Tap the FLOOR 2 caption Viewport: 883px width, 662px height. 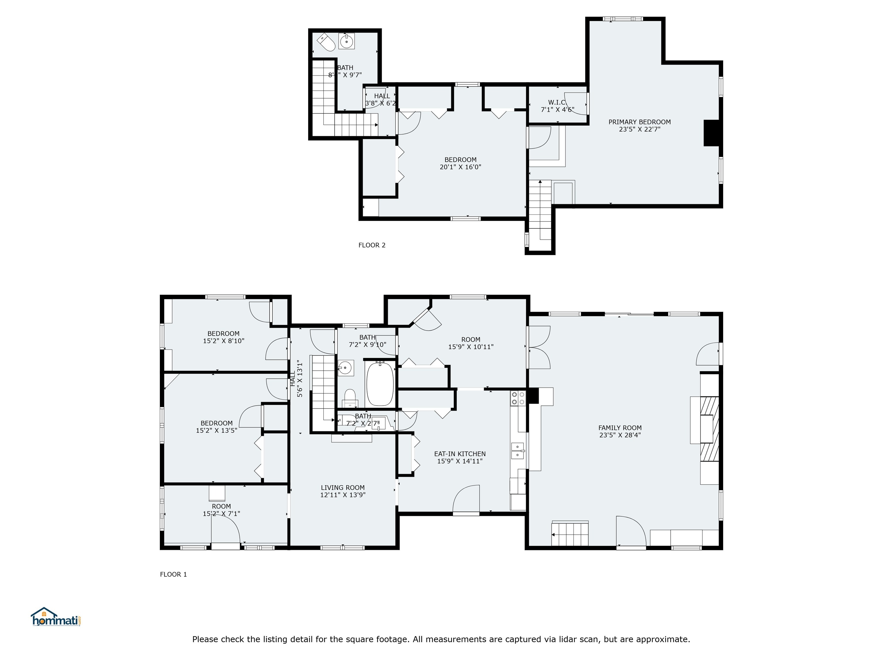pyautogui.click(x=372, y=245)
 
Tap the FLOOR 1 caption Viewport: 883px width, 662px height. pyautogui.click(x=173, y=574)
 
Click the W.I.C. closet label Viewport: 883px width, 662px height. pyautogui.click(x=557, y=102)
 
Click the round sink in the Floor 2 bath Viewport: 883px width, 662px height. pyautogui.click(x=346, y=41)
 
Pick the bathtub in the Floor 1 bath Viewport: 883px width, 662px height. pyautogui.click(x=380, y=384)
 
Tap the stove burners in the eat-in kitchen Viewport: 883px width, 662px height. pyautogui.click(x=518, y=398)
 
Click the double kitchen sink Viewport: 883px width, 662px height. pyautogui.click(x=517, y=451)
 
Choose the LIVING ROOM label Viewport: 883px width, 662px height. pyautogui.click(x=343, y=487)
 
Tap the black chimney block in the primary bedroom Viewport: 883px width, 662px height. pyautogui.click(x=711, y=133)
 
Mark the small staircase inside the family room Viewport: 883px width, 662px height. pyautogui.click(x=570, y=534)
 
